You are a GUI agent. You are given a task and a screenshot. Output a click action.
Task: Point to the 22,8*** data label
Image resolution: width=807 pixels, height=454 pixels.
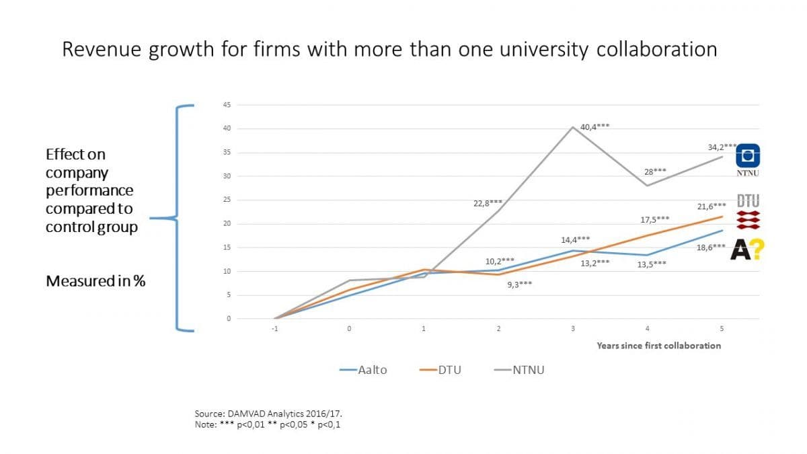pyautogui.click(x=488, y=202)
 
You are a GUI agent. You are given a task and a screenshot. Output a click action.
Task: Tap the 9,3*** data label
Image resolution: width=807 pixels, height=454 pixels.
pyautogui.click(x=518, y=285)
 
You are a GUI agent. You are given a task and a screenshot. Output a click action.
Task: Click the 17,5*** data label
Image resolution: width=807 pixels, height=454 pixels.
pyautogui.click(x=654, y=219)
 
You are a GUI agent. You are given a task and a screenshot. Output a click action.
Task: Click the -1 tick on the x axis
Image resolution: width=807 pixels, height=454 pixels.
pyautogui.click(x=274, y=329)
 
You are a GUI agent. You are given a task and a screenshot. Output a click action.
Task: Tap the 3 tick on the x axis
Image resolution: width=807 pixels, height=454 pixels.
pyautogui.click(x=572, y=329)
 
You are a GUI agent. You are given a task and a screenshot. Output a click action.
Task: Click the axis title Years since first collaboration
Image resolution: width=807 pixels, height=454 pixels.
pyautogui.click(x=658, y=346)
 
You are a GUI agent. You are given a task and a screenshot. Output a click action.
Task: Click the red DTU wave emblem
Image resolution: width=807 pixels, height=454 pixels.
pyautogui.click(x=748, y=218)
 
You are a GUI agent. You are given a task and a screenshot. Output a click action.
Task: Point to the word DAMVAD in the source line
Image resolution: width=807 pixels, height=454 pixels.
pyautogui.click(x=246, y=414)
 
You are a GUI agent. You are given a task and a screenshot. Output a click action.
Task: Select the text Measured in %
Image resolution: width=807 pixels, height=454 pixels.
pyautogui.click(x=95, y=281)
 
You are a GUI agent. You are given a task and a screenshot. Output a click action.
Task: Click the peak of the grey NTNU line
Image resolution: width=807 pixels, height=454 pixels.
pyautogui.click(x=572, y=126)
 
